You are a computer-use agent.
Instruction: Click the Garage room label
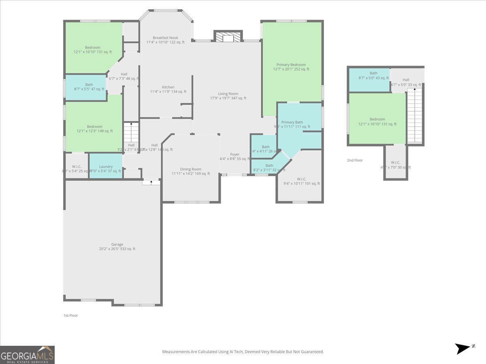tap(117, 244)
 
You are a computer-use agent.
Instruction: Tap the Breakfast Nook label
tap(165, 38)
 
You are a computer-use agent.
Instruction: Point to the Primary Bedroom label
tap(291, 65)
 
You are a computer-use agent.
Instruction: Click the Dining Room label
tap(190, 169)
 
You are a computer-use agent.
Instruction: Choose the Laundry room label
tap(106, 167)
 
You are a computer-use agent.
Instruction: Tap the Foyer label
tap(235, 154)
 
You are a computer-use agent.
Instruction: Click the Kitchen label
tap(168, 87)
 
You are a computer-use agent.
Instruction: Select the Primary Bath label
tap(292, 122)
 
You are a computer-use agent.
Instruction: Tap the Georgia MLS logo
tap(28, 355)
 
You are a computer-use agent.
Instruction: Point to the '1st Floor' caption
tap(70, 315)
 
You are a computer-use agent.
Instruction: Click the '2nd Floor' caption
tap(355, 161)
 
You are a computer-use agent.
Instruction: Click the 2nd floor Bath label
tap(373, 73)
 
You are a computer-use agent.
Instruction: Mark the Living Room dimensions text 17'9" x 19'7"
tap(228, 98)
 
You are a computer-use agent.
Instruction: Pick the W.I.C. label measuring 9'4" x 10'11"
tap(301, 184)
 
